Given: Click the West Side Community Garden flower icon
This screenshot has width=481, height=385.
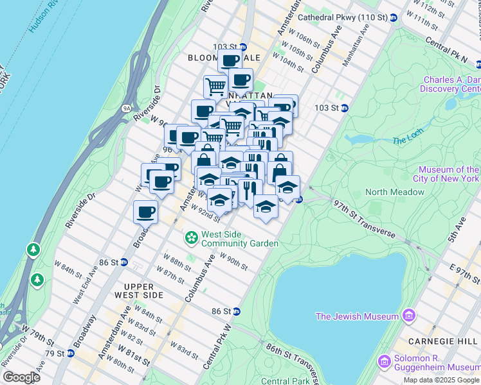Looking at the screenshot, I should pyautogui.click(x=191, y=239).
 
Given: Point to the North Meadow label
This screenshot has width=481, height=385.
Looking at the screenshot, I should pyautogui.click(x=395, y=192).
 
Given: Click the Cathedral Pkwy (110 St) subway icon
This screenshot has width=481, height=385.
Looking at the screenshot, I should pyautogui.click(x=394, y=18).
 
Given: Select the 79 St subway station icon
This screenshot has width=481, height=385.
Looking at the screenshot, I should pyautogui.click(x=69, y=353).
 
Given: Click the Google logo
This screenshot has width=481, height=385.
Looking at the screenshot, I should pyautogui.click(x=22, y=377).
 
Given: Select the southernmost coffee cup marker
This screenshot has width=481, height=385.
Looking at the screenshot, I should pyautogui.click(x=146, y=212).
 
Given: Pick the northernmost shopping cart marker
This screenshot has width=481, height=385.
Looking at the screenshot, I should pyautogui.click(x=215, y=86).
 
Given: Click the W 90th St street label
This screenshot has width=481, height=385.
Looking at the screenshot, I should pyautogui.click(x=233, y=262).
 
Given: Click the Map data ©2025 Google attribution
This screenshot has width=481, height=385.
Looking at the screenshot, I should pyautogui.click(x=441, y=380).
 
